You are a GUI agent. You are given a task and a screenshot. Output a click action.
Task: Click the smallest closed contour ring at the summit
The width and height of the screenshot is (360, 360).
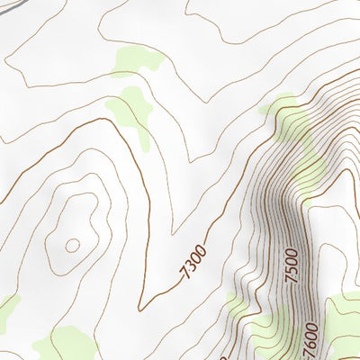72,244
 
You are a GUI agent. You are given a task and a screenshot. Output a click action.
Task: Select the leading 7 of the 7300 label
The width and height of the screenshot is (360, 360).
182,274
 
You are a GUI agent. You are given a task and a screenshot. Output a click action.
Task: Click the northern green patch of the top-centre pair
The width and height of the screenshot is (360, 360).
136,60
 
